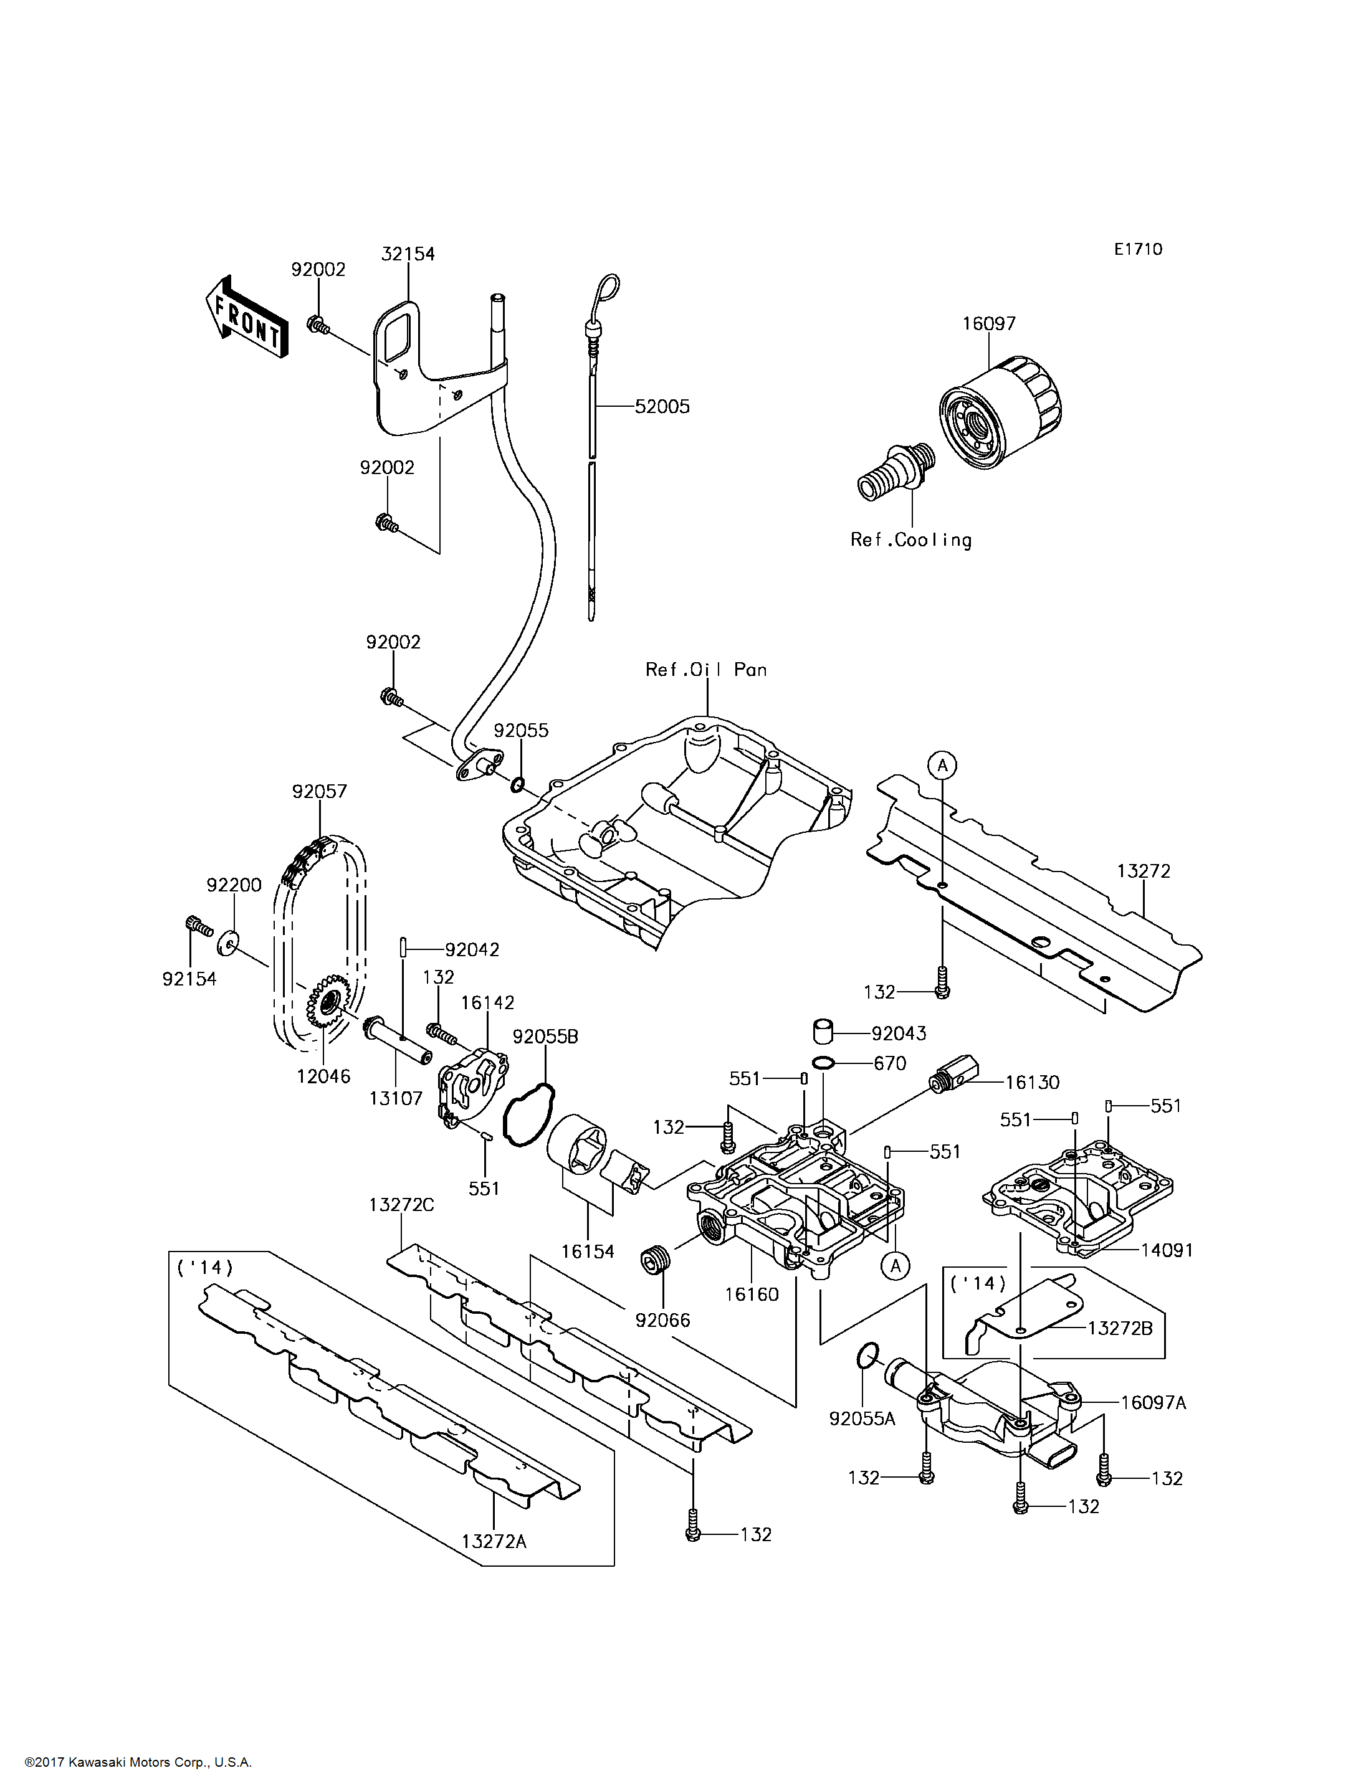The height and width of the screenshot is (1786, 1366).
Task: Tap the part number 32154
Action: pos(408,254)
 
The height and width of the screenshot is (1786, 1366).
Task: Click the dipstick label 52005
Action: pos(662,406)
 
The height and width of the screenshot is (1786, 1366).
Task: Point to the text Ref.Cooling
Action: pos(910,539)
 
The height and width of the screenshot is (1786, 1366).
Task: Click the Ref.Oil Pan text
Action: pos(706,669)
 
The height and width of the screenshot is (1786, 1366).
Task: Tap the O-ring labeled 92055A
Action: pos(867,1356)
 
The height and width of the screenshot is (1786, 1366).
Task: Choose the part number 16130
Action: pos(1032,1082)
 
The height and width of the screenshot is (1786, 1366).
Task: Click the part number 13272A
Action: pos(494,1541)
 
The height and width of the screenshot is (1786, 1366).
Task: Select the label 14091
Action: pos(1167,1250)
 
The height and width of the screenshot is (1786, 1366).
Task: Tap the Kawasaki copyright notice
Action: pos(138,1762)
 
